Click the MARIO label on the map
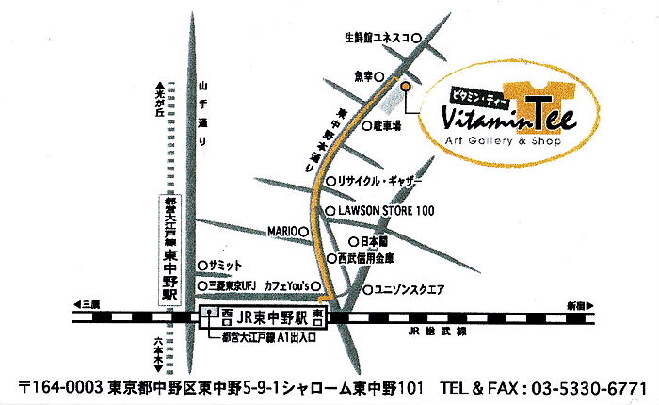point(282,231)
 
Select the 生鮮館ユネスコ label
point(376,39)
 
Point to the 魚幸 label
point(363,75)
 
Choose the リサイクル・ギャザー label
point(381,181)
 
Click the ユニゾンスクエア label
point(410,288)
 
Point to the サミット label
point(225,266)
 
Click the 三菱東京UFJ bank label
point(232,285)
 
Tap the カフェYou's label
point(286,285)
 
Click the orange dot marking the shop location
point(406,86)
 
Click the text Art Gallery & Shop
point(503,141)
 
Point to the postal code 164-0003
point(62,387)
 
